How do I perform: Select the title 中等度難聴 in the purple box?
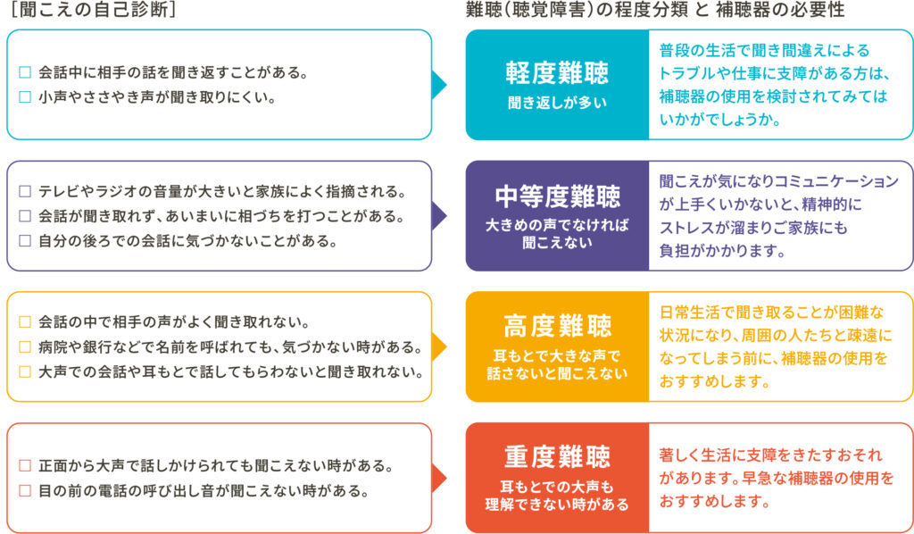[x=557, y=196]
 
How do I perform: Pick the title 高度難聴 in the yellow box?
[x=557, y=326]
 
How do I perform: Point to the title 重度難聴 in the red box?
[x=557, y=456]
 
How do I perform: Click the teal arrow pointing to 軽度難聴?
[x=438, y=85]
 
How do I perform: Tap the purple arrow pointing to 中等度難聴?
[x=438, y=215]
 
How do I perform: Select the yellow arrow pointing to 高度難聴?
[x=438, y=346]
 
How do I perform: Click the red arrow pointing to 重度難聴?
[x=438, y=478]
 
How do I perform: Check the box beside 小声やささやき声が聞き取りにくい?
[x=24, y=96]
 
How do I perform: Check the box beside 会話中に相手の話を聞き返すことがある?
[x=24, y=72]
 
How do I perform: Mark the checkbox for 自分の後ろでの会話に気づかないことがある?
[x=24, y=240]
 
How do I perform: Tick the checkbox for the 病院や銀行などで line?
[x=24, y=346]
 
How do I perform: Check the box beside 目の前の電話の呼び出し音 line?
[x=24, y=490]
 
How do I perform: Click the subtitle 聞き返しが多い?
[x=557, y=103]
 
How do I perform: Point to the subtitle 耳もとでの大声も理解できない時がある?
[x=557, y=496]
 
